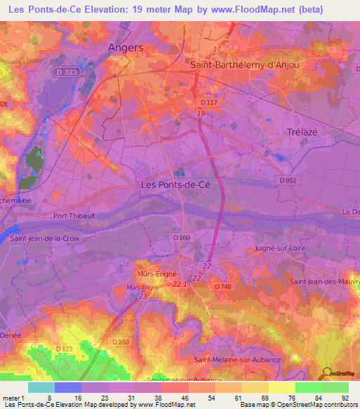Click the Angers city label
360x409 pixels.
tap(126, 48)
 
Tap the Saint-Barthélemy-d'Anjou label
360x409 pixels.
tap(245, 65)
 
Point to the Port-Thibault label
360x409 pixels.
tap(78, 216)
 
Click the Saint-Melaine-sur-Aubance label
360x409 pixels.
tap(238, 360)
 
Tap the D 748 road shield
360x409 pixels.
tap(222, 286)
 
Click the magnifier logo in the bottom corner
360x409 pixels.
tap(327, 372)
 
